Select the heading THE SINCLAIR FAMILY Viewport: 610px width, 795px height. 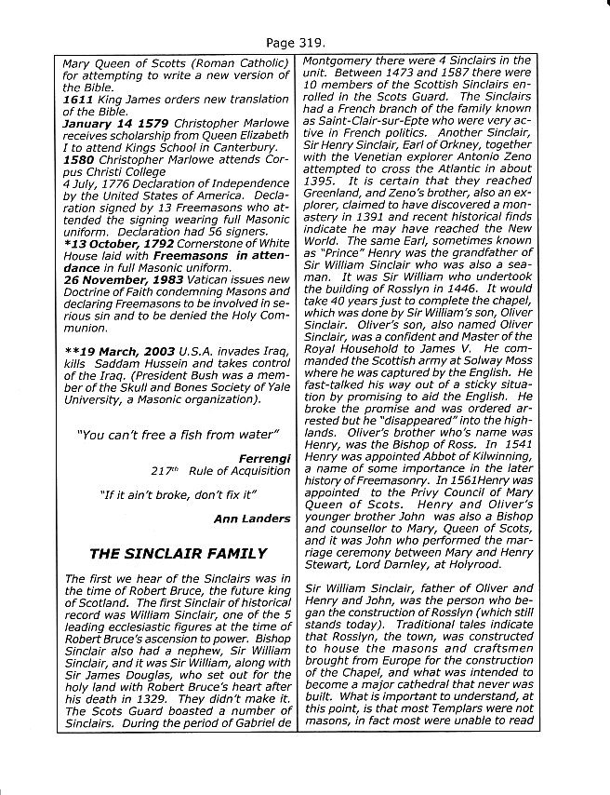[x=178, y=553]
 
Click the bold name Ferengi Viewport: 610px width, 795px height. [x=264, y=458]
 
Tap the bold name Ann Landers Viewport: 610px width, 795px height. [x=252, y=519]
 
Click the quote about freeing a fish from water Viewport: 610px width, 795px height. [x=179, y=435]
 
